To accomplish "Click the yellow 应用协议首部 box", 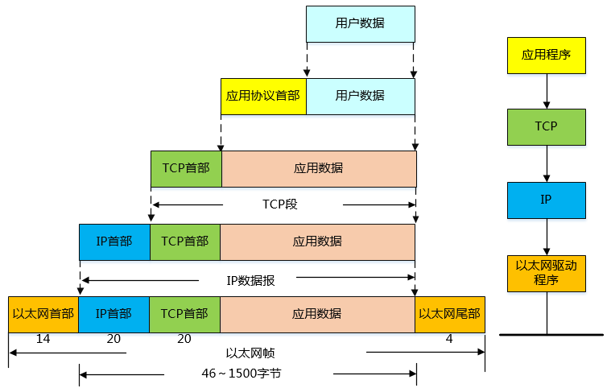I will click(x=263, y=96).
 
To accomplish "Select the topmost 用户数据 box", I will click(x=360, y=23).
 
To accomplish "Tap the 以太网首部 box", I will click(x=43, y=314).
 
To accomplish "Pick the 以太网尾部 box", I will click(x=450, y=314).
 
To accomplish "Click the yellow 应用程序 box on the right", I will click(x=546, y=56).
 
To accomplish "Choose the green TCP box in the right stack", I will click(x=546, y=126).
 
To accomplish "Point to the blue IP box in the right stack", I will click(x=546, y=200).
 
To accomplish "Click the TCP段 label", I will click(x=280, y=204).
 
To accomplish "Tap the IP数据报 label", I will click(x=250, y=280).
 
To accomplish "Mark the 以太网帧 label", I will click(x=246, y=353).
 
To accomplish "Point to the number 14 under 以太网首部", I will click(x=43, y=339).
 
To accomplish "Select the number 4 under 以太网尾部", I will click(x=449, y=339).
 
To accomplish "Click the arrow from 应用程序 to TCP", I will click(x=547, y=90).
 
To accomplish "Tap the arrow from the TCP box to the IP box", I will click(x=547, y=163).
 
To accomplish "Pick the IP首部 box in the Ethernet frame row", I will click(x=114, y=314).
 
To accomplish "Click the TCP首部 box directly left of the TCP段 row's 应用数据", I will click(x=186, y=168).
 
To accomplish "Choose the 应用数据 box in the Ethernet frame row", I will click(x=317, y=314).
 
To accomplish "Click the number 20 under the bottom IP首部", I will click(x=114, y=339).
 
